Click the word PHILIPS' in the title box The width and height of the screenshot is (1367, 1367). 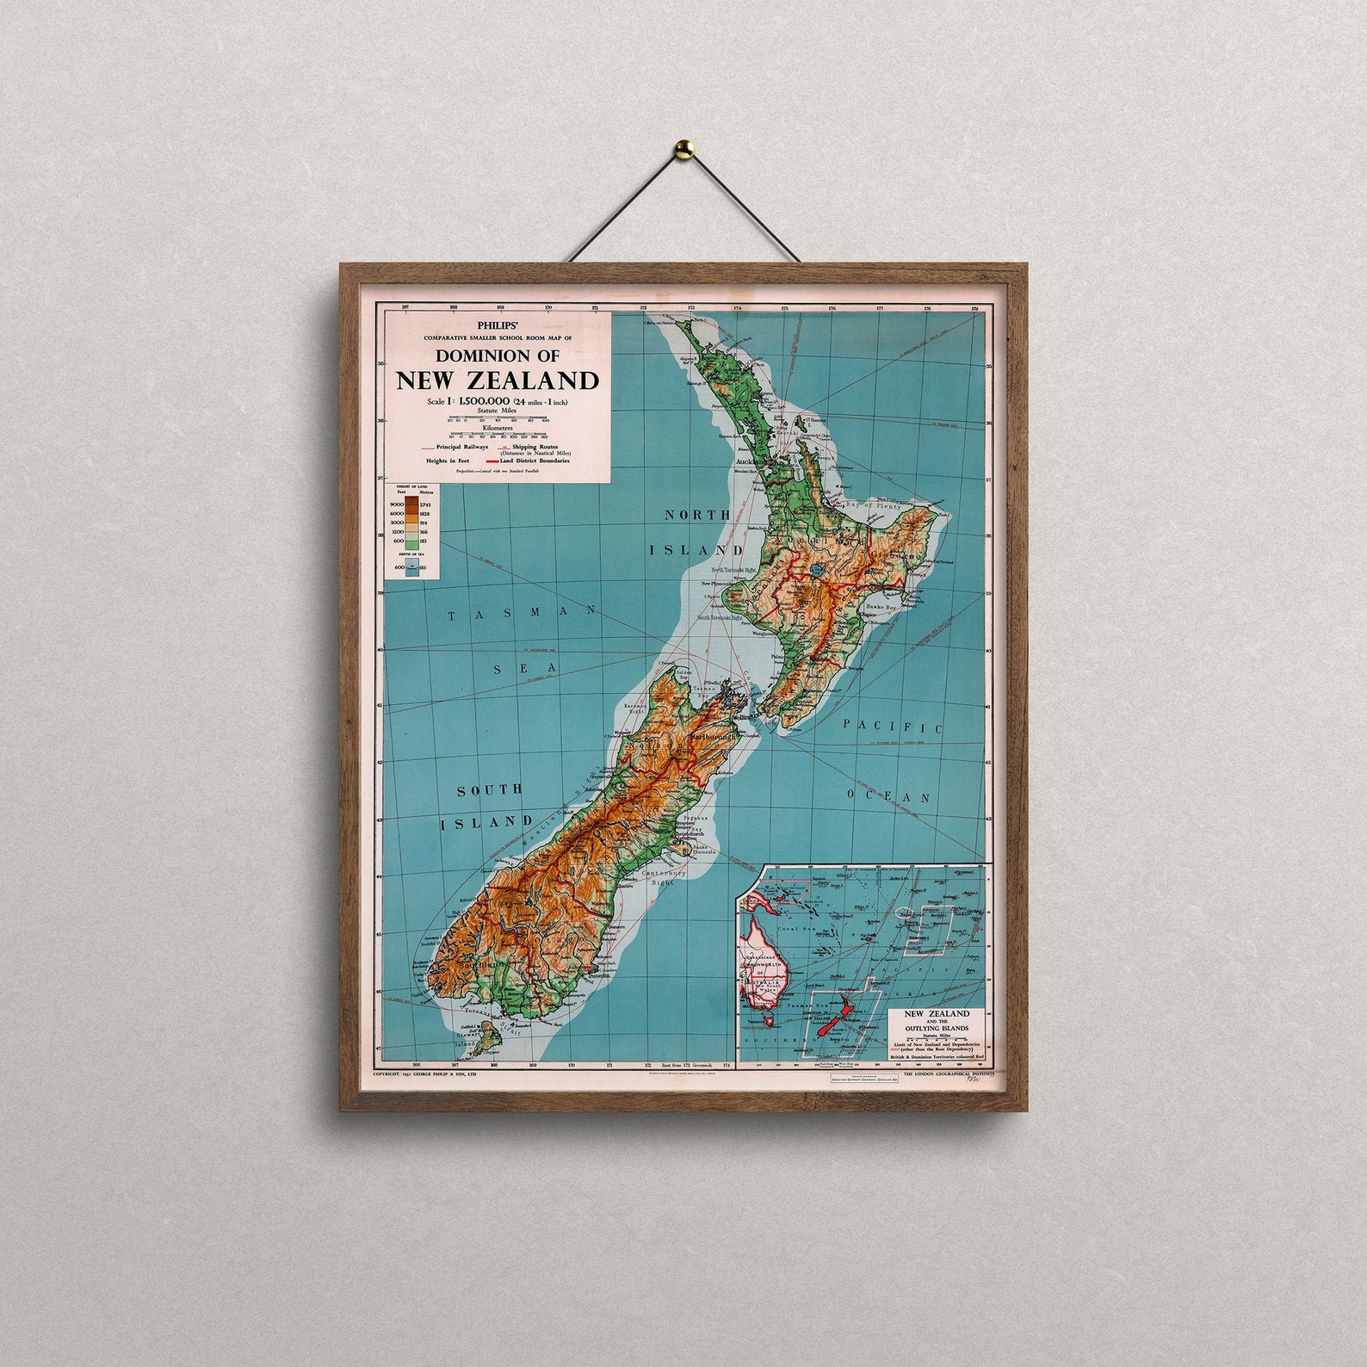click(x=498, y=325)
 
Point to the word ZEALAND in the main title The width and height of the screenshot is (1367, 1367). click(x=544, y=380)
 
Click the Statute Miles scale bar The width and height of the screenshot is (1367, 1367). click(x=498, y=418)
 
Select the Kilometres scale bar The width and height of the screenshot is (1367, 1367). click(x=498, y=435)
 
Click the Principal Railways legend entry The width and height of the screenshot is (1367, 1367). click(x=455, y=448)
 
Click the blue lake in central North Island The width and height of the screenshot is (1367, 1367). click(x=813, y=570)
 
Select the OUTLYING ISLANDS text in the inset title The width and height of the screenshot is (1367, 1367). click(x=936, y=1028)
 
